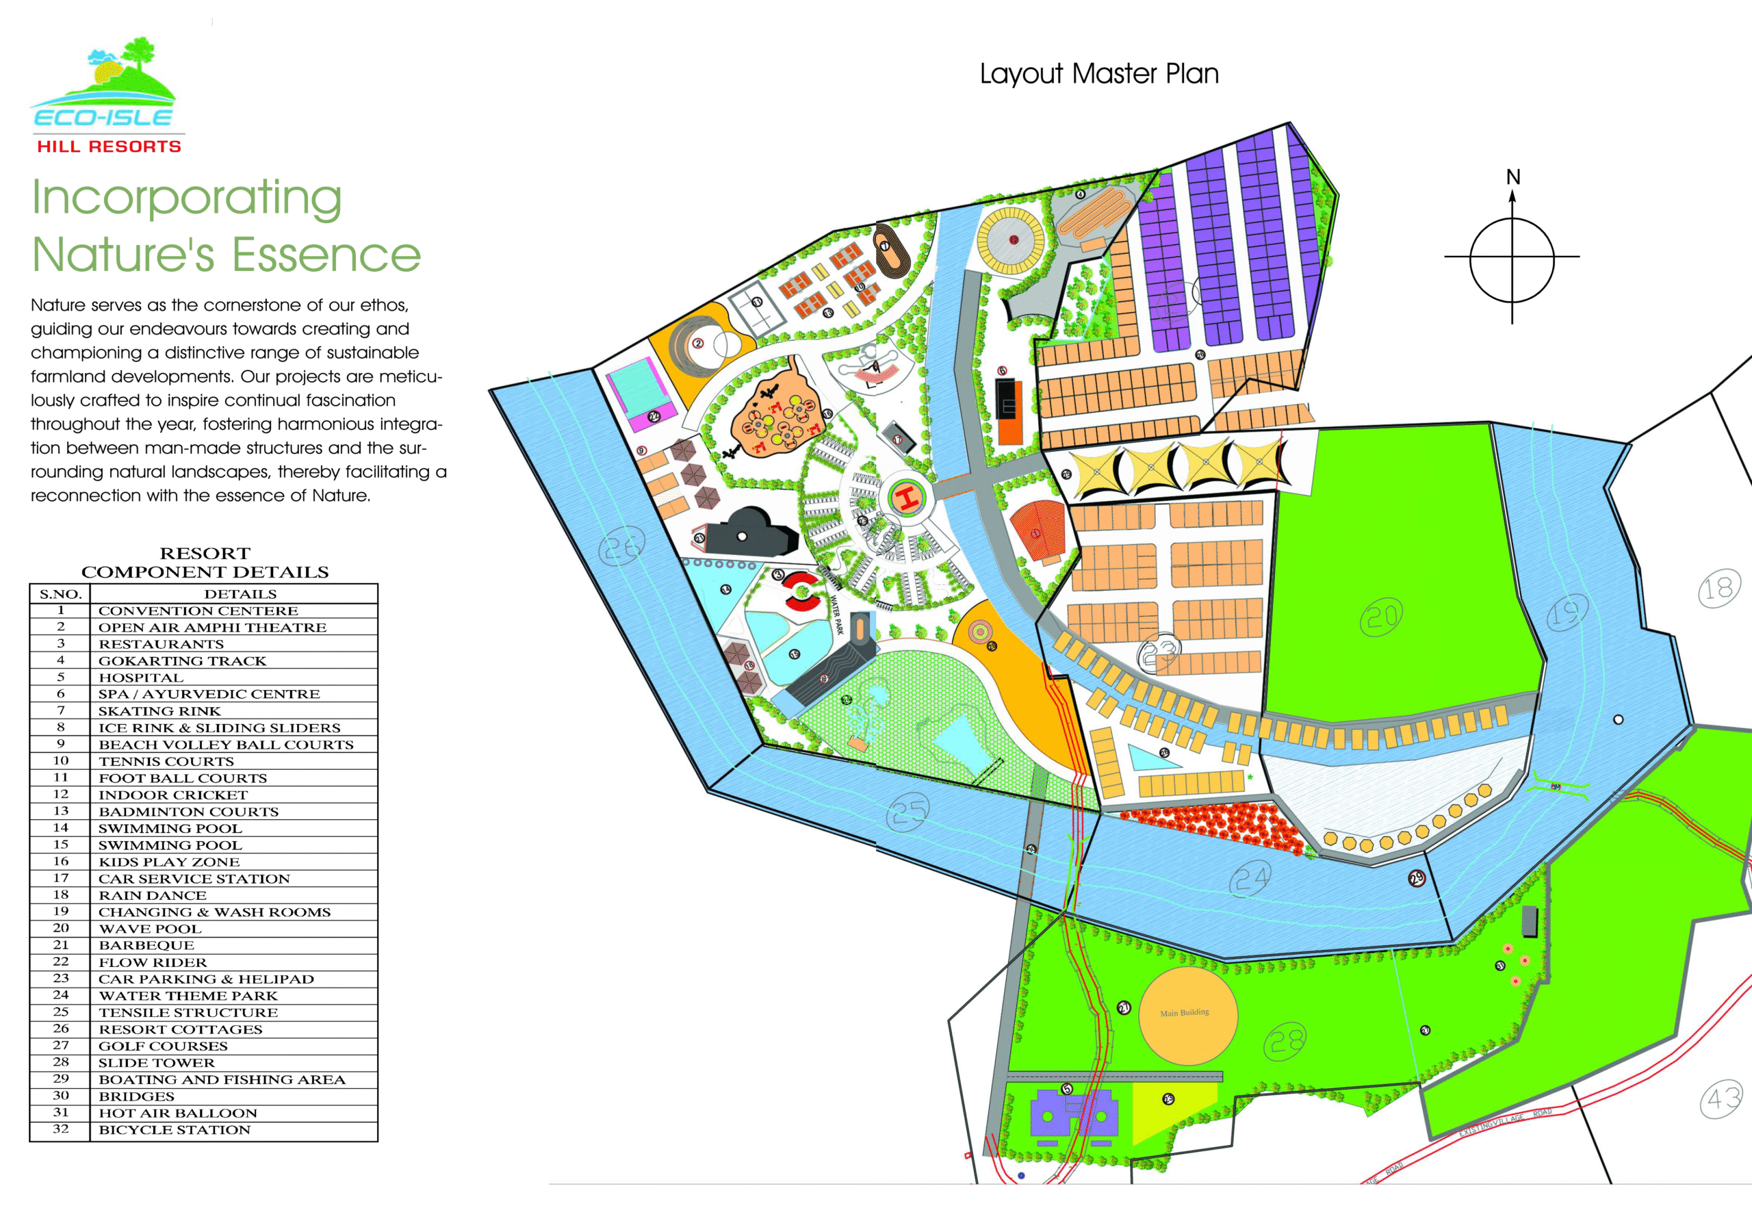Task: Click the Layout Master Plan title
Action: [1099, 74]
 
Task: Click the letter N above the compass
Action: [1512, 177]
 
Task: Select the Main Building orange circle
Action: [1187, 1016]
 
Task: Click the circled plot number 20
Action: [1381, 617]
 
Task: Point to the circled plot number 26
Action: [621, 547]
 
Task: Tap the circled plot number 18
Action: [1719, 588]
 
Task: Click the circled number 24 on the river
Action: [1250, 879]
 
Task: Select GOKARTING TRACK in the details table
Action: [182, 660]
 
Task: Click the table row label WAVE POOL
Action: [151, 929]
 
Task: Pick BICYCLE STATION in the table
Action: [175, 1130]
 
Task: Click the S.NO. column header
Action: [60, 593]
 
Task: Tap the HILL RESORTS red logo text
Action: [109, 146]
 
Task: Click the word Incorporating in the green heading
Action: [186, 198]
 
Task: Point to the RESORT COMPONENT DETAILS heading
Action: [205, 563]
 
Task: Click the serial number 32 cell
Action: [60, 1129]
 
